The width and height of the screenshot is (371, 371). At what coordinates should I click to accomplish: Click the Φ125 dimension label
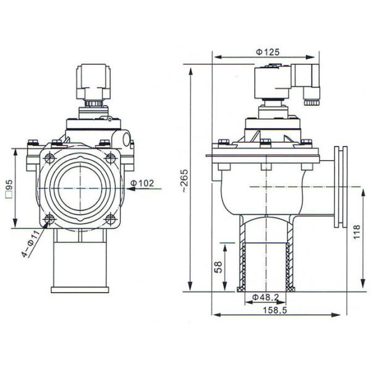267,52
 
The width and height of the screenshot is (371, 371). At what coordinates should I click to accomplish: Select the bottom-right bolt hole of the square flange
111,218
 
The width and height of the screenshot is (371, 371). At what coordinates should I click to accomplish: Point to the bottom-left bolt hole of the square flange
49,218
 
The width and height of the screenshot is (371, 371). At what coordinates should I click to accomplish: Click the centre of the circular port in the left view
80,186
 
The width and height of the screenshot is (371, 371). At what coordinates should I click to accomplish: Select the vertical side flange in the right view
340,185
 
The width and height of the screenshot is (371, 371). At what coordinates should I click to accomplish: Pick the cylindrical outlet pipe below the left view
80,266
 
